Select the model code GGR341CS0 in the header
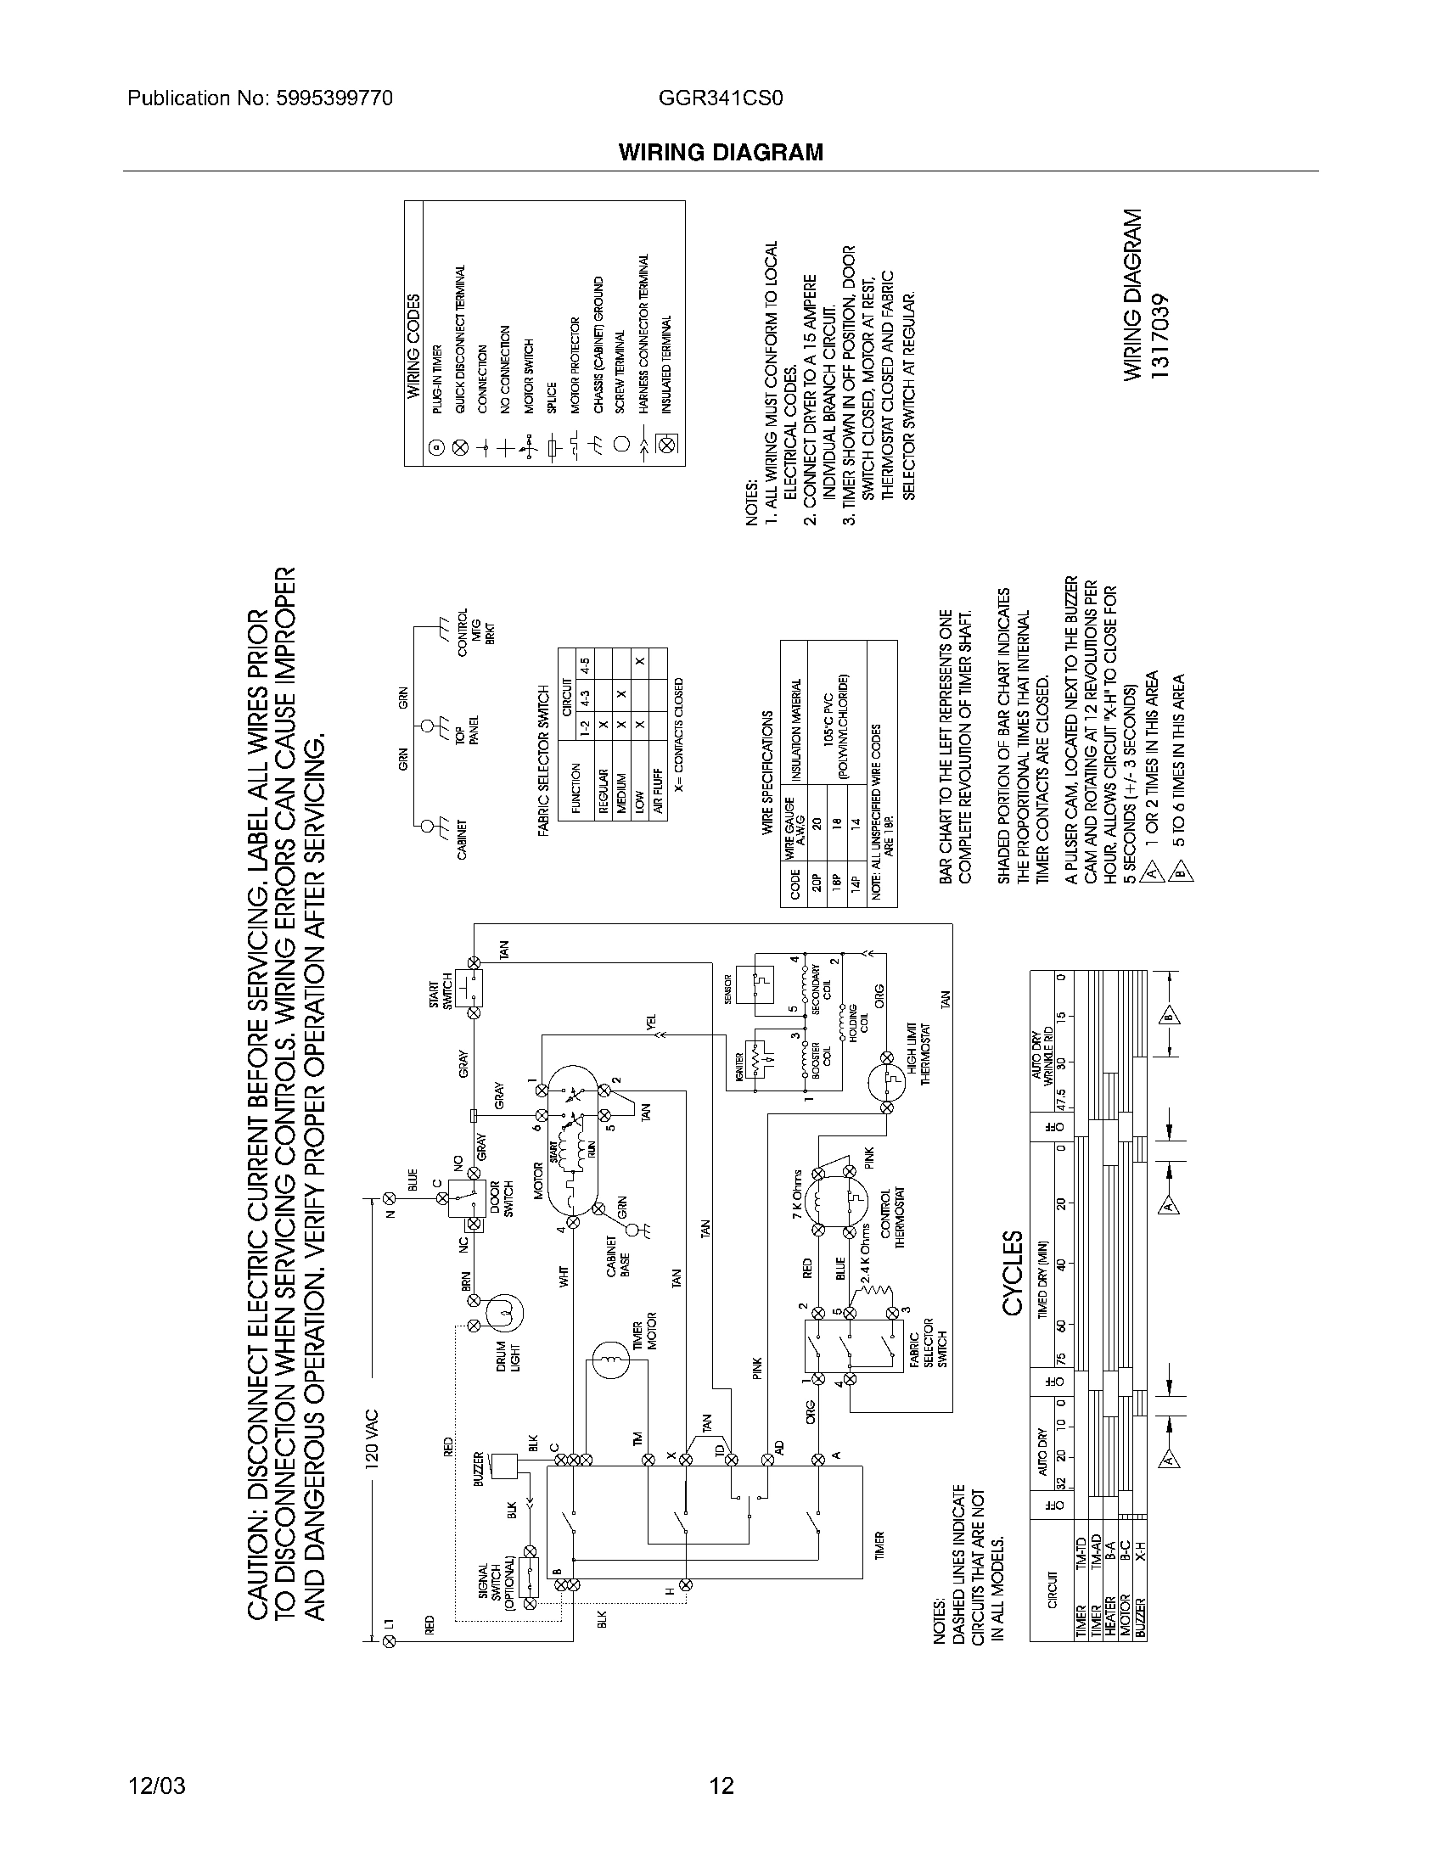(721, 98)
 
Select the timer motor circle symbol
(610, 1359)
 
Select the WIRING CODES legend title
(413, 345)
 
